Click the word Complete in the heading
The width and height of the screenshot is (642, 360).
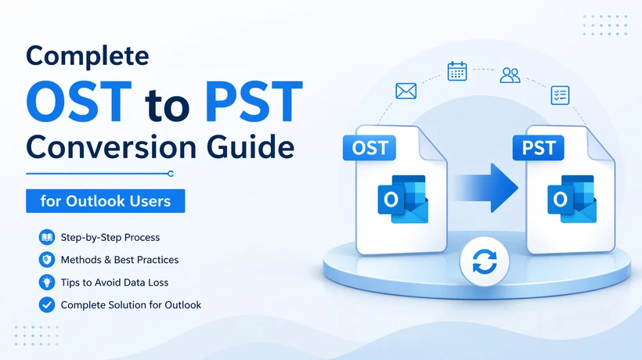(88, 56)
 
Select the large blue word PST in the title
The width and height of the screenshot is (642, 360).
(251, 101)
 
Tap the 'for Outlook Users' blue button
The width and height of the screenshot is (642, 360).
(106, 200)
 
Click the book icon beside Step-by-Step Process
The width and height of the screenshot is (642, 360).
(45, 237)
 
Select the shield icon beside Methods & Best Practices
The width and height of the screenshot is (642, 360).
(45, 259)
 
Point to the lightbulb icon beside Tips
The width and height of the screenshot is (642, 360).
(45, 282)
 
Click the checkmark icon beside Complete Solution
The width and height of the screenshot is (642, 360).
(45, 304)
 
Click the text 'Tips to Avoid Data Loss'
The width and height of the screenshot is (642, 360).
(114, 282)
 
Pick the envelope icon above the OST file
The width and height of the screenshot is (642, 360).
(406, 92)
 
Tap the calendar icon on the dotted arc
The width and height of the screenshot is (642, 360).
(457, 71)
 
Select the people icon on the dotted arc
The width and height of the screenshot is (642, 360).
(510, 75)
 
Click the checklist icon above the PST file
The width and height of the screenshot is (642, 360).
(559, 95)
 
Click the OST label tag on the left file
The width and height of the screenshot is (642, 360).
(370, 148)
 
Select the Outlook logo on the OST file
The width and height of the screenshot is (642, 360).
(402, 199)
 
